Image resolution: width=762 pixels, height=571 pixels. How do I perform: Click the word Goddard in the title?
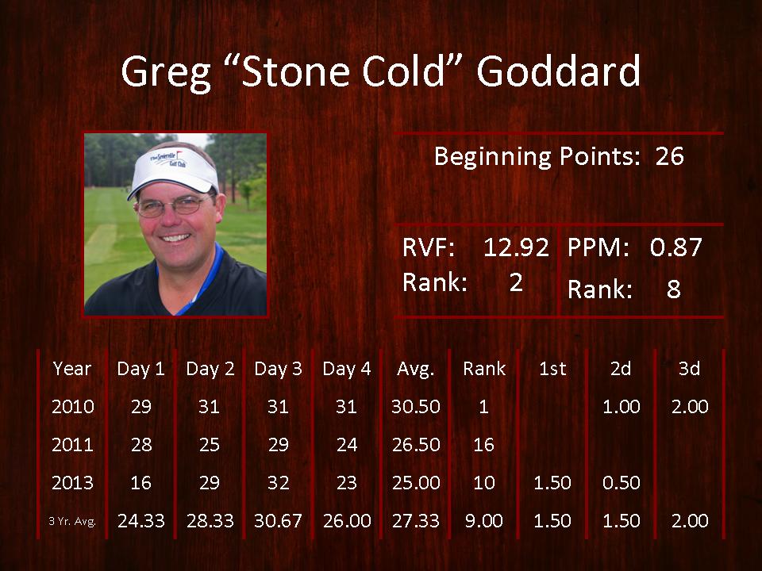coord(559,71)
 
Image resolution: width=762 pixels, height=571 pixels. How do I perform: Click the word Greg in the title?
coord(166,73)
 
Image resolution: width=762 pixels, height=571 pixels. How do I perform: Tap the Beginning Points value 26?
coord(669,156)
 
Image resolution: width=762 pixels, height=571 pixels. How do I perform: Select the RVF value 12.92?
coord(516,247)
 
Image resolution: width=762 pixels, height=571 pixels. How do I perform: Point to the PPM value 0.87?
coord(676,247)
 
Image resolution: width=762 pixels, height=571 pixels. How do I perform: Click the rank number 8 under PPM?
coord(673,289)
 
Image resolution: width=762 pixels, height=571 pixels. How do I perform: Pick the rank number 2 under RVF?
coord(516,282)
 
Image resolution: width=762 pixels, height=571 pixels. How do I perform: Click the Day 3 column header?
coord(278,369)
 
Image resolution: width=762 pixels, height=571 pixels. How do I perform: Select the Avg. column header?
coord(415,370)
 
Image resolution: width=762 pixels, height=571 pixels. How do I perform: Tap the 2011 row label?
coord(72,445)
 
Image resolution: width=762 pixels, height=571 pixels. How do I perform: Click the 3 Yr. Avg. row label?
coord(72,522)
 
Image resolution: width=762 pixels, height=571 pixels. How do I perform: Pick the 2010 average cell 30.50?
coord(416,406)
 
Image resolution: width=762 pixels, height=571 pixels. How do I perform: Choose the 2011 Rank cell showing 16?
coord(483,445)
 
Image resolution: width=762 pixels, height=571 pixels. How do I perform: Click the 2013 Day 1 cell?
coord(141,483)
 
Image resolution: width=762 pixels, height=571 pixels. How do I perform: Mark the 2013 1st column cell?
coord(552,483)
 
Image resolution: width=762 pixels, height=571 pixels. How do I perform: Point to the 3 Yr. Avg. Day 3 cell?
coord(278,521)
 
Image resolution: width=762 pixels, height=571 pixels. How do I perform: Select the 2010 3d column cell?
coord(690,406)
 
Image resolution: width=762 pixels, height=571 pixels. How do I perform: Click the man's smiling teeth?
coord(175,238)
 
